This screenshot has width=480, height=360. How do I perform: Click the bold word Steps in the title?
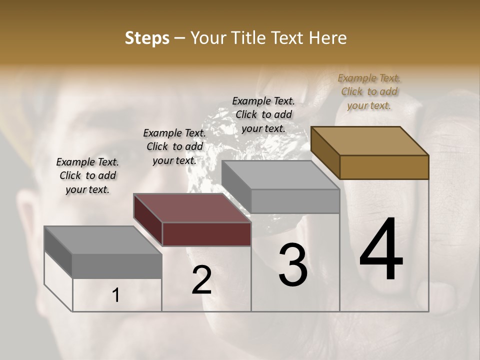[147, 38]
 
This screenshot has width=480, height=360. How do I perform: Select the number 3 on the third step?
[293, 265]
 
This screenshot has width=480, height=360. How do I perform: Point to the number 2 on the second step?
[201, 280]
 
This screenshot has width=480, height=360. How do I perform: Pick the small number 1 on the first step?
[115, 295]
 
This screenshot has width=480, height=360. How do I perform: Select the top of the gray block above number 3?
[280, 175]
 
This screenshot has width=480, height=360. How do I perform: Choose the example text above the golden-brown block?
[369, 91]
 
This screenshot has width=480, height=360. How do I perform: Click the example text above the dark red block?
[174, 146]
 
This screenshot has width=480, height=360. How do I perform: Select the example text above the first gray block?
[87, 175]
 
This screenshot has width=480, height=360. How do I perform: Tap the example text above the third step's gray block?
[263, 114]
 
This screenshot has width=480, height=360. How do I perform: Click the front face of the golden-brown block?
[384, 167]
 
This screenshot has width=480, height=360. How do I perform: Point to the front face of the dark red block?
[206, 234]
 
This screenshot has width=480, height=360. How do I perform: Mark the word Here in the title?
[327, 38]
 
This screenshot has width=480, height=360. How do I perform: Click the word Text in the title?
[288, 38]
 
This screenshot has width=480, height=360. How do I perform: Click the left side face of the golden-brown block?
[325, 152]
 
